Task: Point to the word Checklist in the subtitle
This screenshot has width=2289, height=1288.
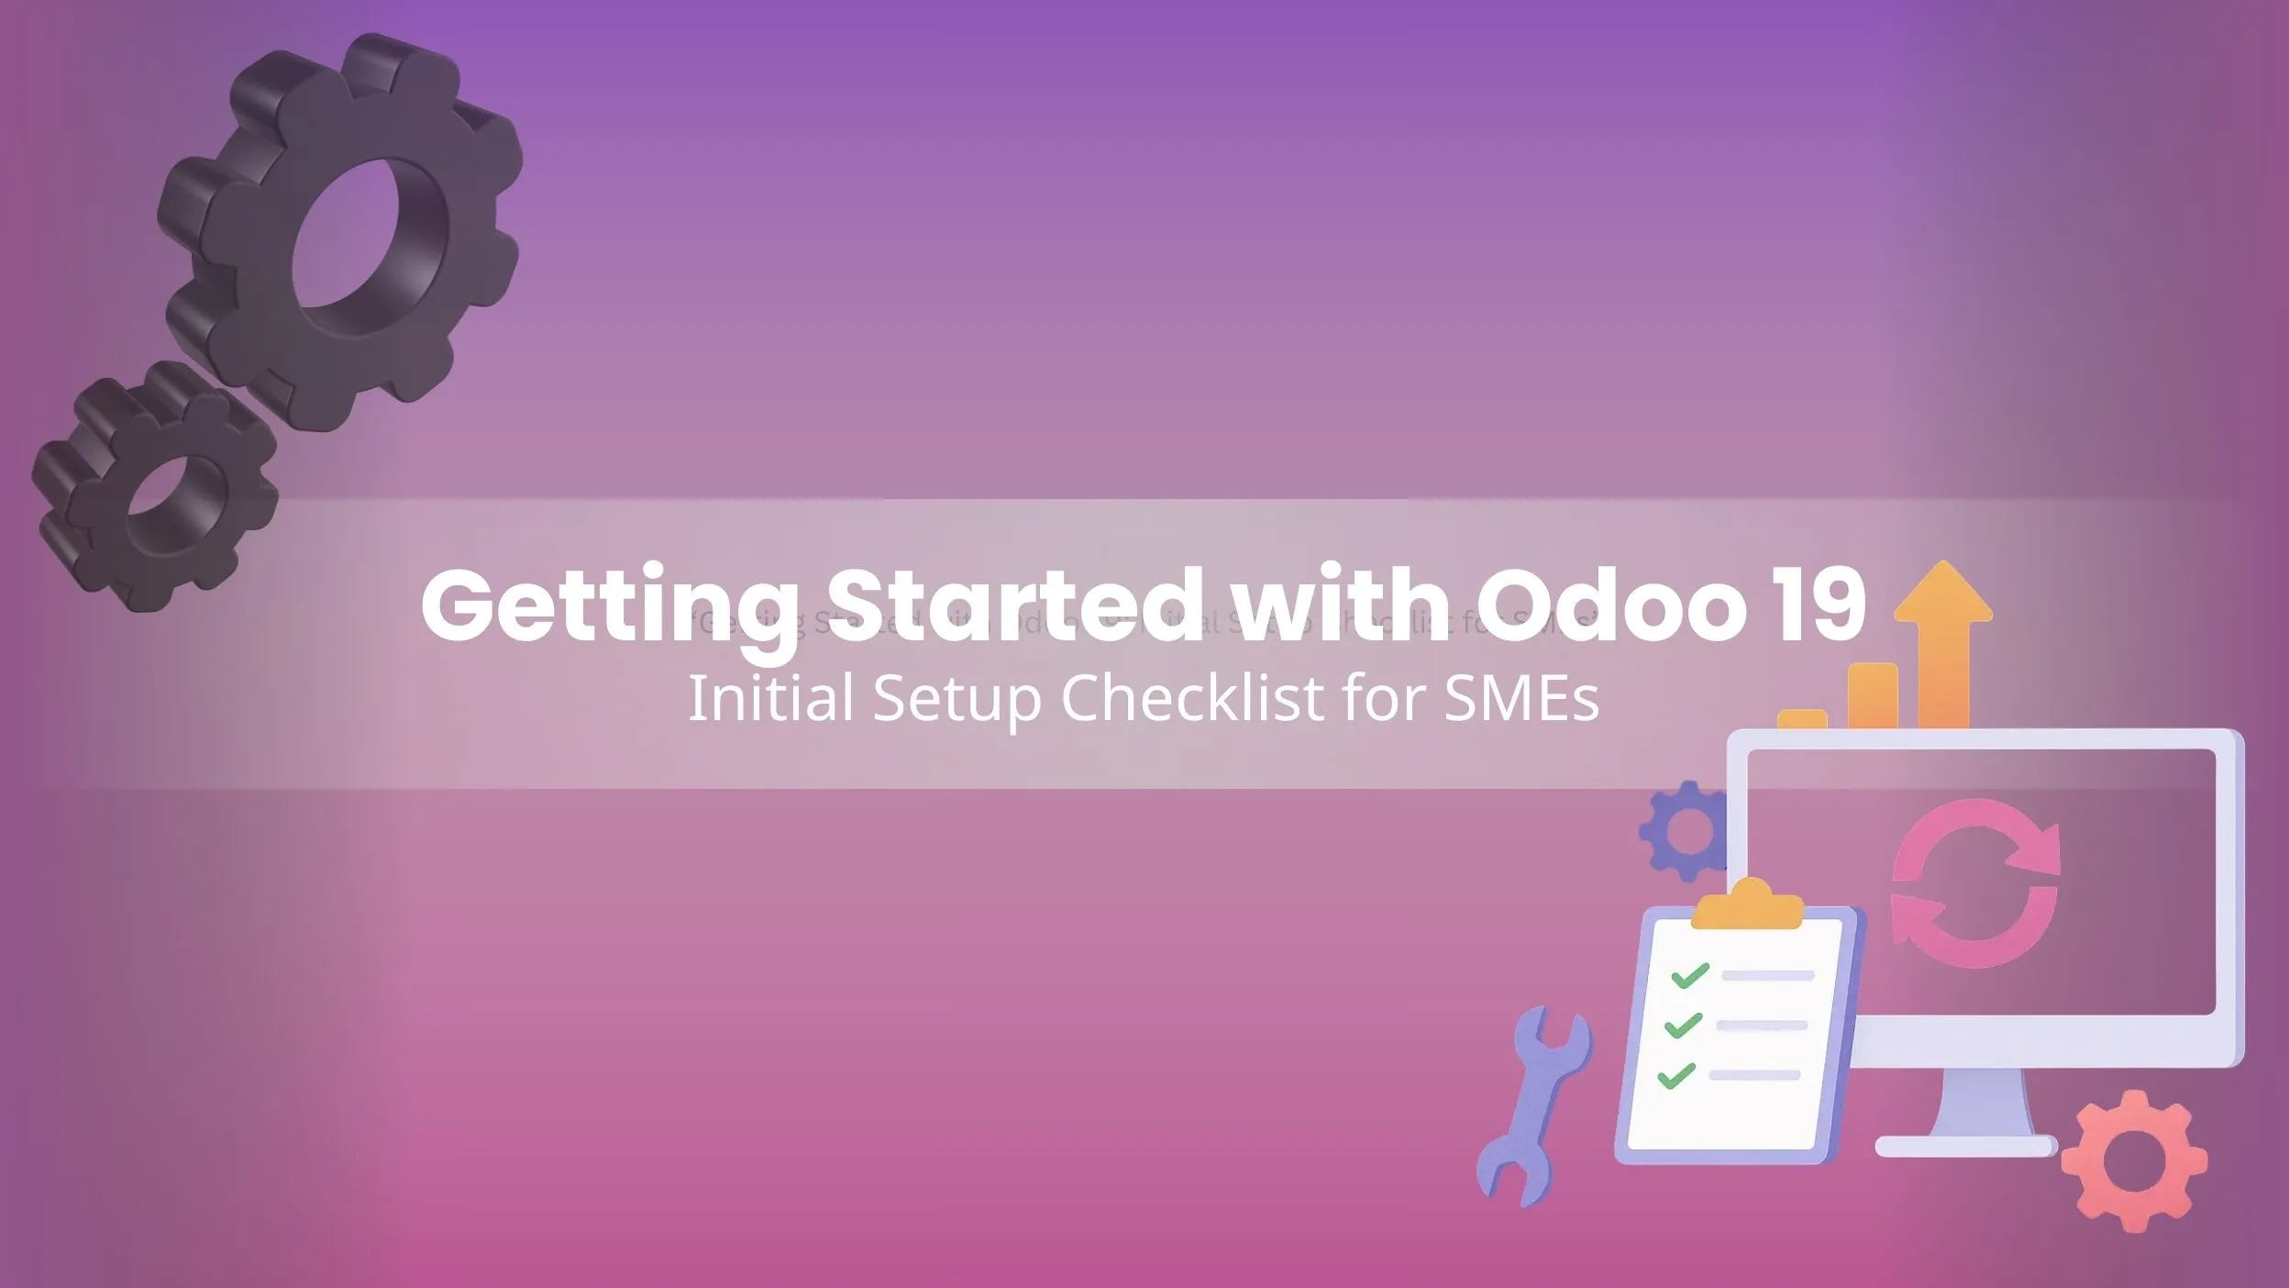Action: [x=1192, y=698]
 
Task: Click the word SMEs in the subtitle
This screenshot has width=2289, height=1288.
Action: [x=1521, y=698]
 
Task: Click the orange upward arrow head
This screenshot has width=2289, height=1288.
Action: [x=1942, y=596]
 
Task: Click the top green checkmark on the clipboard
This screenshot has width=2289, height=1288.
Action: [x=1689, y=974]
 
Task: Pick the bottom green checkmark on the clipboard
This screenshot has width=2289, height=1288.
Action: [x=1676, y=1075]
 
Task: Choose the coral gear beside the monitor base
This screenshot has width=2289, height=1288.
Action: [x=2133, y=1160]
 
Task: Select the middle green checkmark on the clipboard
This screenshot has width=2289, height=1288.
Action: [x=1683, y=1025]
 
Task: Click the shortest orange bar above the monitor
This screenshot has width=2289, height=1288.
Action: [x=1801, y=719]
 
